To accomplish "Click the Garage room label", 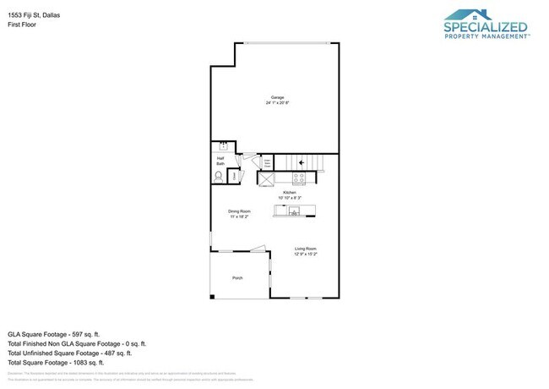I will pyautogui.click(x=277, y=100).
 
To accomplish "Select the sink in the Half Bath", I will pyautogui.click(x=224, y=146).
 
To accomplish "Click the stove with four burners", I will pyautogui.click(x=298, y=178).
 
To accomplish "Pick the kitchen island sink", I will pyautogui.click(x=295, y=211).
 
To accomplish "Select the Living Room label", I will pyautogui.click(x=305, y=251).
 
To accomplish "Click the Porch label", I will pyautogui.click(x=237, y=277).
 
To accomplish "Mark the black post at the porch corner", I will pyautogui.click(x=213, y=296).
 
